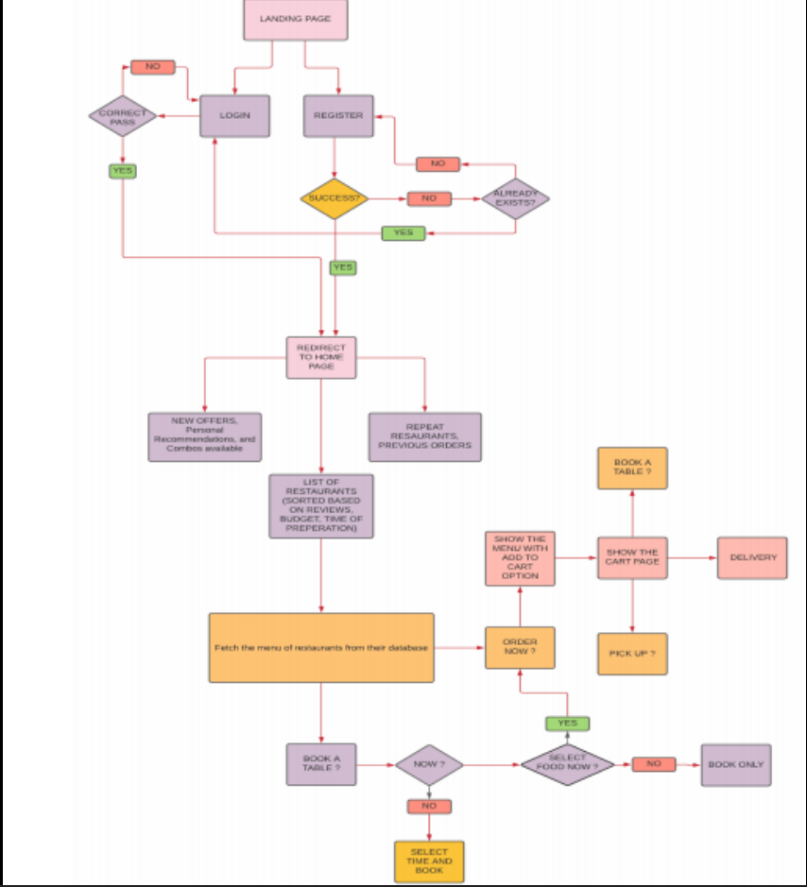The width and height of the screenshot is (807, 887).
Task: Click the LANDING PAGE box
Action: point(295,20)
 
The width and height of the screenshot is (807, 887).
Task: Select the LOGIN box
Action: point(235,115)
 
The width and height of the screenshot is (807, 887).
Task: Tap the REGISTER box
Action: point(338,115)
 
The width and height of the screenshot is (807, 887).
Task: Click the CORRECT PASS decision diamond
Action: point(123,116)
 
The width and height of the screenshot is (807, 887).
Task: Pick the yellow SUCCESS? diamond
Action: point(334,198)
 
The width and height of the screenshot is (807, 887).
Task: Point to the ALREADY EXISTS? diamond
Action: point(515,198)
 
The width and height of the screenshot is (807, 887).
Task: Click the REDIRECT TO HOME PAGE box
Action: point(321,357)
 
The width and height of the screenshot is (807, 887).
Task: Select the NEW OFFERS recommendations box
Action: point(205,436)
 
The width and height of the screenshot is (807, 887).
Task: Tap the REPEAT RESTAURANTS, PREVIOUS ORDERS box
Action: point(424,436)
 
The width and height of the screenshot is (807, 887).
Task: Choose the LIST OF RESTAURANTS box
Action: point(321,506)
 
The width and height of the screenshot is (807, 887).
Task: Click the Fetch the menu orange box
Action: point(321,648)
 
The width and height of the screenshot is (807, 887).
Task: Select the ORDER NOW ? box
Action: point(520,648)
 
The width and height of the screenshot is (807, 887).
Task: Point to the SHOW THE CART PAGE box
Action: point(632,557)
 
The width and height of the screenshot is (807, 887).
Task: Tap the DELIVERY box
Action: point(752,557)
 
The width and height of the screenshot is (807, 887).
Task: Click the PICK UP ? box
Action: point(632,654)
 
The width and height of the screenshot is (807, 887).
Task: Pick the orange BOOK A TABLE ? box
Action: point(632,468)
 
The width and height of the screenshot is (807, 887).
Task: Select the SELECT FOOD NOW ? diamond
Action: point(567,764)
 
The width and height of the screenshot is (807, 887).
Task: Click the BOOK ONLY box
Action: point(736,764)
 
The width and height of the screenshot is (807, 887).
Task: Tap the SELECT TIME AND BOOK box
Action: point(429,861)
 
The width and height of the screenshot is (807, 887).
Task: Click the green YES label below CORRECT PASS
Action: point(123,171)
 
